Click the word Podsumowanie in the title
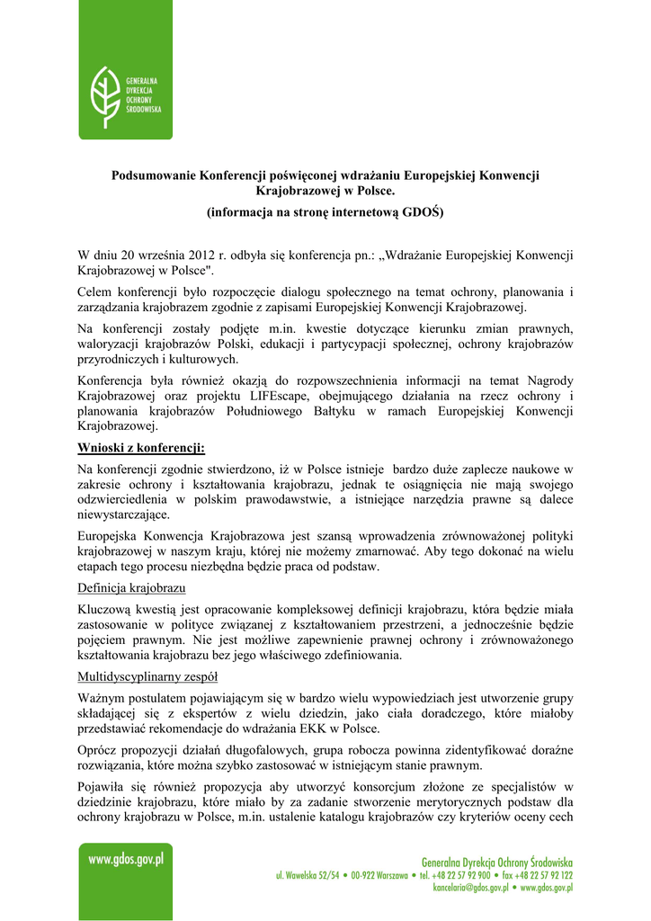152,174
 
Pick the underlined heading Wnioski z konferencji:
141,447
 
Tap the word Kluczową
105,608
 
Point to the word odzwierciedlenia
126,499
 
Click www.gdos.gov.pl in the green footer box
126,860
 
